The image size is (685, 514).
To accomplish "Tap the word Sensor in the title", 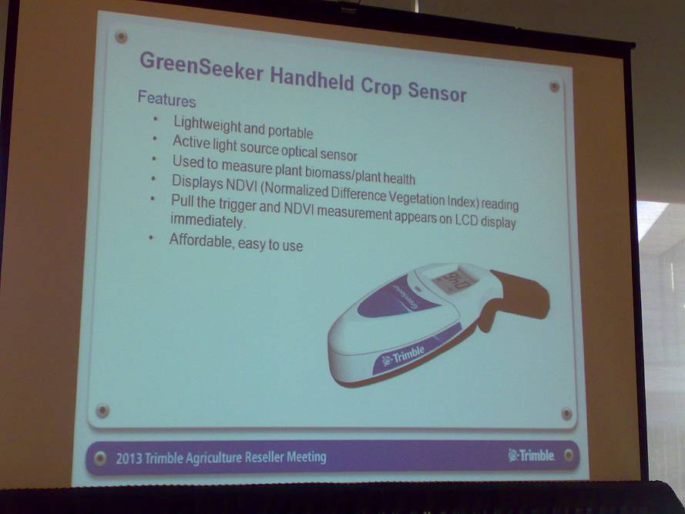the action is pyautogui.click(x=437, y=91).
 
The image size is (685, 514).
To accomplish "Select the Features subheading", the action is pyautogui.click(x=166, y=99).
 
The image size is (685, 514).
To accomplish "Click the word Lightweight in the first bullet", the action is pyautogui.click(x=207, y=126).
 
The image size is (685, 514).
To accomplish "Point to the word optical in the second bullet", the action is pyautogui.click(x=299, y=151).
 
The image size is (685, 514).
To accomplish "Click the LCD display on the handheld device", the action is pyautogui.click(x=453, y=281).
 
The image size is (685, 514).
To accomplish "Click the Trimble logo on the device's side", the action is pyautogui.click(x=403, y=357).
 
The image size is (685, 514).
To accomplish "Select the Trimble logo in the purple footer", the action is pyautogui.click(x=531, y=455).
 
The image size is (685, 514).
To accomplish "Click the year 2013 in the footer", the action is pyautogui.click(x=129, y=459).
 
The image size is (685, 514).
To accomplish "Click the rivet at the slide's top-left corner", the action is pyautogui.click(x=121, y=37).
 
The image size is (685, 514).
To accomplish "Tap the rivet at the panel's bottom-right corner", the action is pyautogui.click(x=566, y=414).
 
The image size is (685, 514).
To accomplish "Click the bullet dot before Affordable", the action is pyautogui.click(x=151, y=238).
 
